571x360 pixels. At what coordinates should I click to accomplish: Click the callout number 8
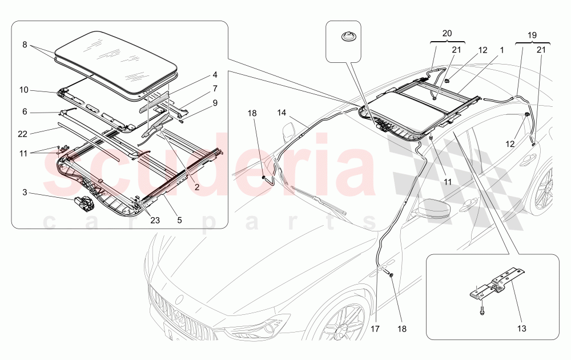pos(24,43)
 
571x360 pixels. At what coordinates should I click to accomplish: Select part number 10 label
pos(24,90)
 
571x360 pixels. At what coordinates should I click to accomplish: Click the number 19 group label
pos(532,35)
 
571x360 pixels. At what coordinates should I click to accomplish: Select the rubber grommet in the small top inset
pos(348,37)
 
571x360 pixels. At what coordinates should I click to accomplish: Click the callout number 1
pos(501,50)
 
